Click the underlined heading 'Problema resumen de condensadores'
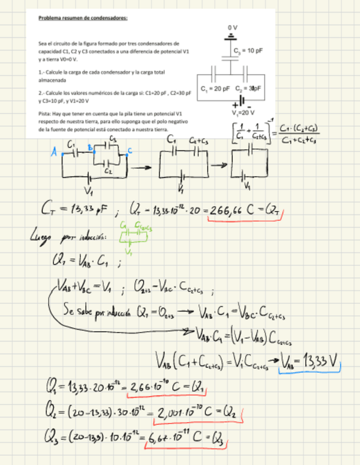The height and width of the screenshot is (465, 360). coord(83,18)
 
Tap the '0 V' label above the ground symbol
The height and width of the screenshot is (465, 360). coord(233,26)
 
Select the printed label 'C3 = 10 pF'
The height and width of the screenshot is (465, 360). coord(248,50)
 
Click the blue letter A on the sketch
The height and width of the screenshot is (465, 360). coord(54,154)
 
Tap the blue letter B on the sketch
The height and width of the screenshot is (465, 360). coord(89,147)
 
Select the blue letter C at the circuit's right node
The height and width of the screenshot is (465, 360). coord(130,150)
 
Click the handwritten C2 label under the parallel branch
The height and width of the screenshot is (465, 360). coord(108,171)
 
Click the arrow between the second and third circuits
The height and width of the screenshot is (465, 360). coord(219,165)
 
